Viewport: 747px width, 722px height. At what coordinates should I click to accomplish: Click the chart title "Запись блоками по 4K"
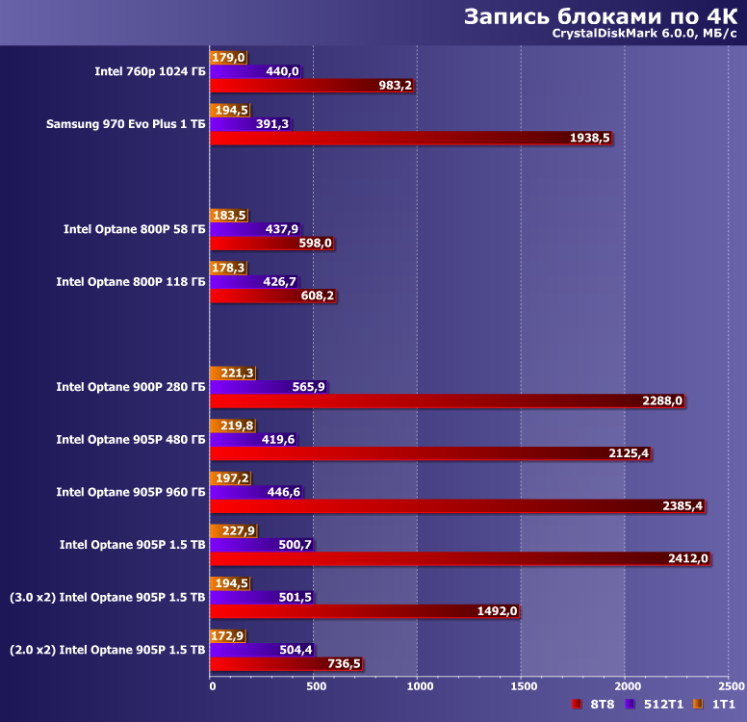601,16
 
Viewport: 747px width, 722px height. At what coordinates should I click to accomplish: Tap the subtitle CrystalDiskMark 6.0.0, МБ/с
644,36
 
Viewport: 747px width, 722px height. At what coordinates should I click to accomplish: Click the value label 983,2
395,86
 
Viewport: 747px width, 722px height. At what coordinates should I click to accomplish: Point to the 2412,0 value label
688,558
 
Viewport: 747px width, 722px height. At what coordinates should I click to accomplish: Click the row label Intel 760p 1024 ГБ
150,71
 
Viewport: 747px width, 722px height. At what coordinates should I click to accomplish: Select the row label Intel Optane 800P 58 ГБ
135,229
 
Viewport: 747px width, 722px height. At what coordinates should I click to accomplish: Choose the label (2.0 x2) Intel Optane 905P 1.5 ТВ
108,650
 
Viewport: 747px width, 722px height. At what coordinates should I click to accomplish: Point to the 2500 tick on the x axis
731,686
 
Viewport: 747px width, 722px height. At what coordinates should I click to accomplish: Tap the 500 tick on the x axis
314,686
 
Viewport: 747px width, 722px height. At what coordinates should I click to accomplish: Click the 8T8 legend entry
594,705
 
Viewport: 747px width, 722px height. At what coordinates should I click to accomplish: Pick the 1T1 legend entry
717,705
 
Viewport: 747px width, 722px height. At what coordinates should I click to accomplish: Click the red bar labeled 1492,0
347,610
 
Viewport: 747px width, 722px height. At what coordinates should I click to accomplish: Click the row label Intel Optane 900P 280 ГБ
131,387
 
